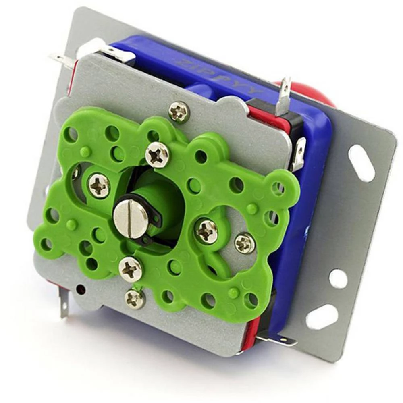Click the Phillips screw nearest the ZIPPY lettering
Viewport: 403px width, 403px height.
[x=179, y=111]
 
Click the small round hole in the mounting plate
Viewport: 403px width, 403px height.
[x=338, y=278]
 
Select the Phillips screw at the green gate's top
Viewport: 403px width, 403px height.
[x=158, y=155]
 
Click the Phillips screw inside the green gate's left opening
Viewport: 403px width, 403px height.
[x=99, y=185]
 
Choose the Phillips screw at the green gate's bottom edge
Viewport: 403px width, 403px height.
[x=131, y=269]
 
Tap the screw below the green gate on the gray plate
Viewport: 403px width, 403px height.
[x=135, y=299]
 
